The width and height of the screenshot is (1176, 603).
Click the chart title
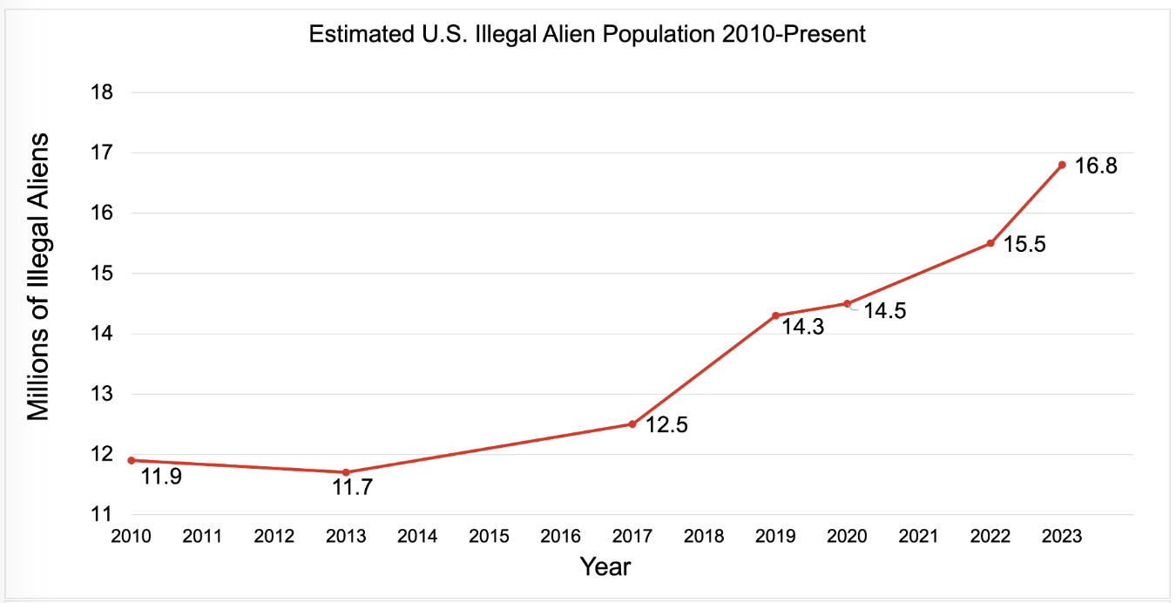click(x=587, y=36)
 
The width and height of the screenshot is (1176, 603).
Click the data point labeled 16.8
click(x=1062, y=165)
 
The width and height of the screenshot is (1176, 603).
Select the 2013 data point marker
click(x=346, y=472)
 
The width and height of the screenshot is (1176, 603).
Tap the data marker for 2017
click(x=632, y=424)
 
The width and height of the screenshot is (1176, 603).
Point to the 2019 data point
click(x=775, y=315)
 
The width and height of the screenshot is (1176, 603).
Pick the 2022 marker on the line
click(x=990, y=243)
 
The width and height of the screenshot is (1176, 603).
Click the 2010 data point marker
click(x=131, y=460)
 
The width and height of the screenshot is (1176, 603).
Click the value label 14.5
click(x=884, y=311)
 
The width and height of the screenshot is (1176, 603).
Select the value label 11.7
click(x=353, y=488)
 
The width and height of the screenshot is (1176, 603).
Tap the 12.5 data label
click(x=666, y=428)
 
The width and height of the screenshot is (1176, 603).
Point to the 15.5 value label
click(x=1024, y=245)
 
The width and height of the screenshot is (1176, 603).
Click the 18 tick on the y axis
click(x=102, y=92)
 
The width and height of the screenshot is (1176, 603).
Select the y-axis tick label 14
click(x=102, y=334)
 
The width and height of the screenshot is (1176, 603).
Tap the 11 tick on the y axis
click(x=102, y=515)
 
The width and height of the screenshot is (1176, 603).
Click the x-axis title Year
click(x=605, y=567)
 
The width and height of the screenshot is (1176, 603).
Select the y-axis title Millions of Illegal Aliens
click(x=40, y=277)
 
